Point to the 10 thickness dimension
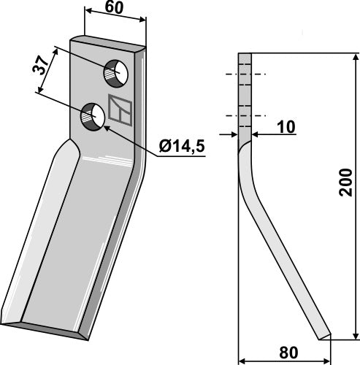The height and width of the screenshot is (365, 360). point(286,128)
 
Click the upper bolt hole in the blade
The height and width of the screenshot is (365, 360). point(115,72)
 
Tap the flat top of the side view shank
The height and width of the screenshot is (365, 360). point(245,55)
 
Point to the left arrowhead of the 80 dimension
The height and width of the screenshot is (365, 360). point(243,359)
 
